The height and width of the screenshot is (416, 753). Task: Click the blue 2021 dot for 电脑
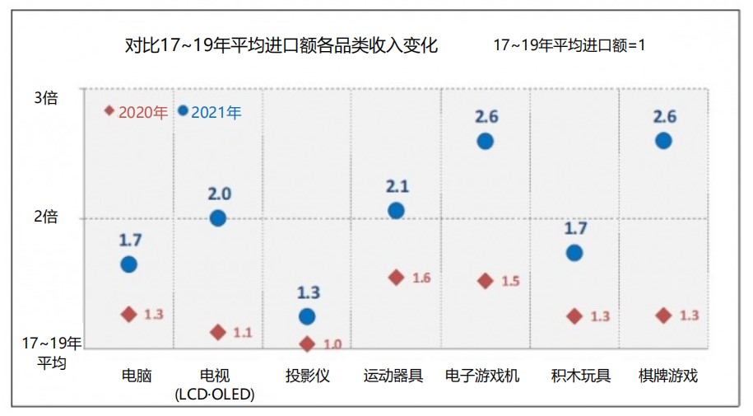128,264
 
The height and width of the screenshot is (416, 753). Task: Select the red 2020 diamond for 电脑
128,314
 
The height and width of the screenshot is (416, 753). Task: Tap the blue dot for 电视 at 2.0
218,218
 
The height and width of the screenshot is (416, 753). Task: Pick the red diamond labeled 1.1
218,332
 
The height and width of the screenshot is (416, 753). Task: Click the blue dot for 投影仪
307,316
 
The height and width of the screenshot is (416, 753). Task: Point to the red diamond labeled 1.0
307,344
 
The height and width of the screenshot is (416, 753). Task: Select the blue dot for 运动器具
396,210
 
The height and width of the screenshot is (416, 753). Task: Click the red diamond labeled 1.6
396,278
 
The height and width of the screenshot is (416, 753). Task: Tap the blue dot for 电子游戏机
485,141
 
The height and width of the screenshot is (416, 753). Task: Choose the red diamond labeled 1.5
485,281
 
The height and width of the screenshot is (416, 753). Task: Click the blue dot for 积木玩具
574,253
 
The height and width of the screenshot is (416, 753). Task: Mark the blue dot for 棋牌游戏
663,141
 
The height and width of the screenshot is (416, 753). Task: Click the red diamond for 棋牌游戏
663,316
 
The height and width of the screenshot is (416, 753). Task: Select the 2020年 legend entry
137,112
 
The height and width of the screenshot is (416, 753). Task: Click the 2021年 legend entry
211,112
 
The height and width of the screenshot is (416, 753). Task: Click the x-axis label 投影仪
308,376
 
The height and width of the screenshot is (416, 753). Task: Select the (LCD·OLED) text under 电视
215,395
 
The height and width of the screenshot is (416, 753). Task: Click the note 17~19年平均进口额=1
569,45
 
